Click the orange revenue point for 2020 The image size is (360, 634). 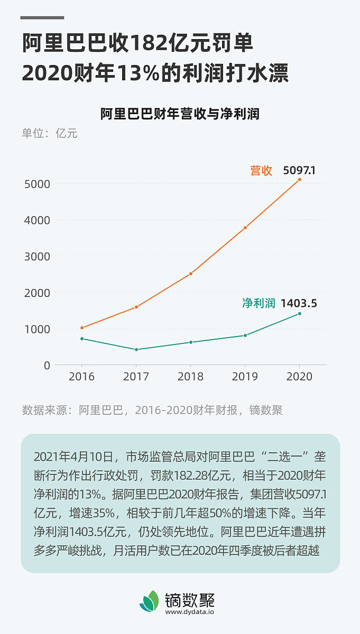[299, 180]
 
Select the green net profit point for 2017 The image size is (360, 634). [136, 350]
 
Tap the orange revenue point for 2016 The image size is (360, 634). [82, 328]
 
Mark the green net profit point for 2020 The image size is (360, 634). [299, 314]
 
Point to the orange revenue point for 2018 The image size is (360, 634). [190, 274]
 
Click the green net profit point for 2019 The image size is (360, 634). [245, 335]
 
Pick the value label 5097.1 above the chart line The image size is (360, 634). [299, 171]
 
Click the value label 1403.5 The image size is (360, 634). [299, 303]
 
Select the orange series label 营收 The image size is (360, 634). [261, 171]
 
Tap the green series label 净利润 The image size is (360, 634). [259, 303]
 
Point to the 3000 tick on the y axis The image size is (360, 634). [37, 256]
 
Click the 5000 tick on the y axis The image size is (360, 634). [37, 184]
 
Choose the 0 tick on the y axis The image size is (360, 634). [47, 365]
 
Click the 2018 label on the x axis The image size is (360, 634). [190, 377]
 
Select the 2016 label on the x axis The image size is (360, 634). [82, 377]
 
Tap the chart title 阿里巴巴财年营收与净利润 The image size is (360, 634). [180, 114]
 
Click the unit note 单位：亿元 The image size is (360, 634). [50, 133]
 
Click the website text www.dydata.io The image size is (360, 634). [190, 612]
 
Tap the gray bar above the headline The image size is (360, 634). [42, 17]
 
